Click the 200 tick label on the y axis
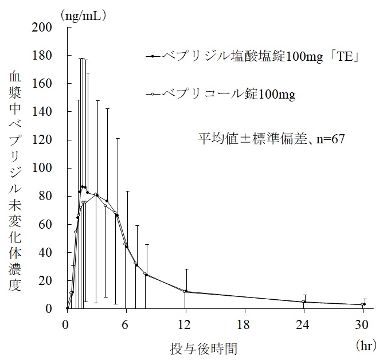44,27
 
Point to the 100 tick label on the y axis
44,168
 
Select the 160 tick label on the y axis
44,84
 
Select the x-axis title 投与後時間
204,348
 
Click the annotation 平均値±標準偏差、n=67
271,138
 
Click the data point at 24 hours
304,302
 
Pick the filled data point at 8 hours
146,275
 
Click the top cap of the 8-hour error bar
146,245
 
